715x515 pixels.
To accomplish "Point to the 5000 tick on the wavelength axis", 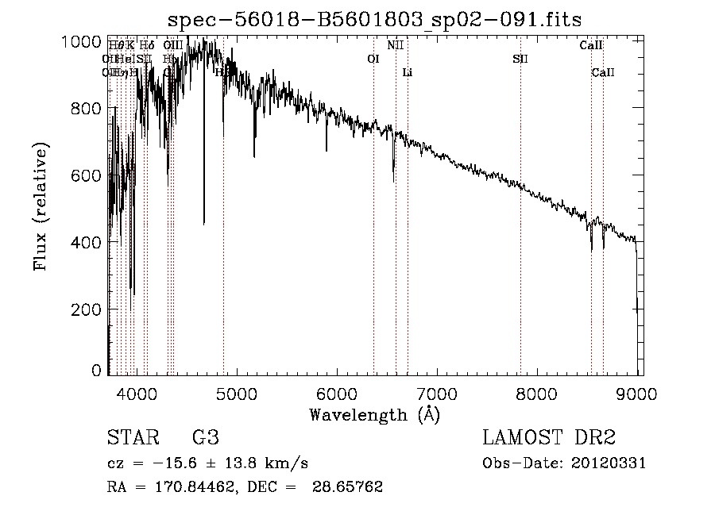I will tap(236, 392).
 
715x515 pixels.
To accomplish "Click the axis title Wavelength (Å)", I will tap(374, 414).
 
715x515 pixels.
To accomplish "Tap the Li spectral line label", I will tap(408, 73).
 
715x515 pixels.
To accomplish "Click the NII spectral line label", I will tap(396, 45).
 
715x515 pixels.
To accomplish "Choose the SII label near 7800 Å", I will tap(520, 59).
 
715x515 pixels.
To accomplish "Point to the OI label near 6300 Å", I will tap(373, 59).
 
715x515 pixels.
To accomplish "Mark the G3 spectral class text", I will tap(206, 438).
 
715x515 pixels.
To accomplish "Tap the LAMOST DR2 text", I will tap(549, 438).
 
